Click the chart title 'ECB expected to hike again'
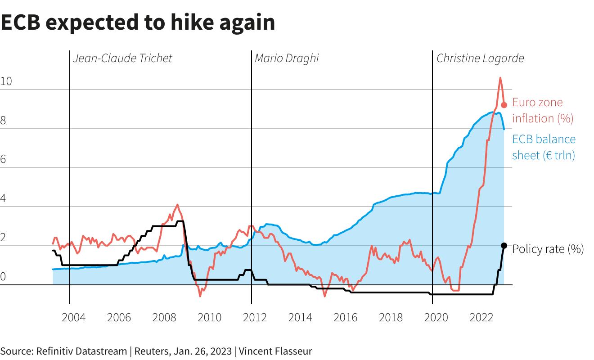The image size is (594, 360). click(138, 22)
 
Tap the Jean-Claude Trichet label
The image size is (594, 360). click(122, 58)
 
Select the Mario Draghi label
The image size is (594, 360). click(287, 58)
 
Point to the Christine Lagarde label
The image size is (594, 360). click(480, 58)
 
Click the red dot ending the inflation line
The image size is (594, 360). click(504, 105)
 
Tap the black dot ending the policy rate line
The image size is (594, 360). click(504, 246)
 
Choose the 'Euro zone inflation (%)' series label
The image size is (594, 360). click(542, 110)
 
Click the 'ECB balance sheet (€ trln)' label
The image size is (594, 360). click(544, 147)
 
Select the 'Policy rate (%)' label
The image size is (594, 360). click(548, 249)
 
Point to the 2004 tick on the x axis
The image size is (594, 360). click(73, 318)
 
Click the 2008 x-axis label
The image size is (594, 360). click(164, 318)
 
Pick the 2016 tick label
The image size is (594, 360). click(346, 318)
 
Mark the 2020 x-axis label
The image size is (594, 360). click(436, 318)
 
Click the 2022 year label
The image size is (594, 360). click(481, 318)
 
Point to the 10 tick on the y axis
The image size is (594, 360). click(6, 81)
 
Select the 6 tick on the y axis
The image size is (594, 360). click(3, 160)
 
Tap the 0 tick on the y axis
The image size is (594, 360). click(3, 277)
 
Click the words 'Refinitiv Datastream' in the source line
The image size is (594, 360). click(81, 351)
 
